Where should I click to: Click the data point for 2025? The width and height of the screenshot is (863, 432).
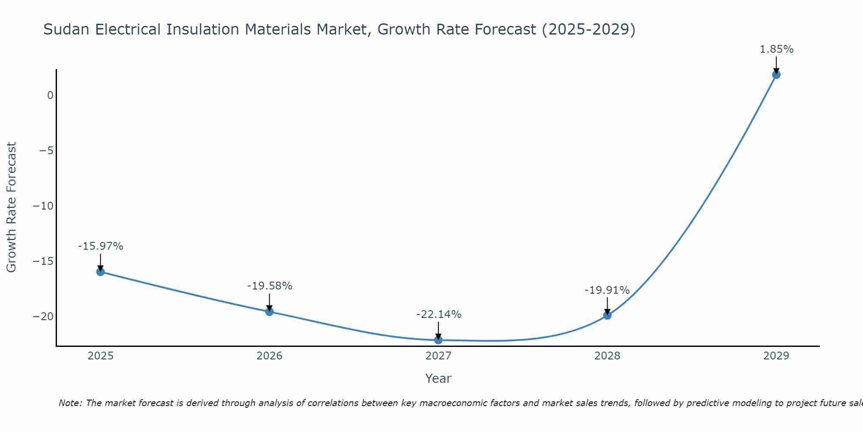pos(101,272)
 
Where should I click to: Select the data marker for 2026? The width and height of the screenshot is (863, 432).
pos(269,311)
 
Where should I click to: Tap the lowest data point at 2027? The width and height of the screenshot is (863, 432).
pos(438,340)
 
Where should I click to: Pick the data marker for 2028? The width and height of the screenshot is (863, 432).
pos(607,315)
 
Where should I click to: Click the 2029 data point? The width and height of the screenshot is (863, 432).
pos(776,75)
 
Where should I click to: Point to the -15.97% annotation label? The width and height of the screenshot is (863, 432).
pos(101,246)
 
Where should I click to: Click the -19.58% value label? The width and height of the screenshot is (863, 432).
pos(270,286)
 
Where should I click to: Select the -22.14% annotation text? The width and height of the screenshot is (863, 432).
pos(439,314)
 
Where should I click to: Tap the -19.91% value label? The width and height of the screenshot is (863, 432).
pos(607,290)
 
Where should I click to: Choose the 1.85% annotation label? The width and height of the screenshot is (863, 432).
pos(777,49)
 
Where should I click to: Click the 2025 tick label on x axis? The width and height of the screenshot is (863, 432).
pos(101,356)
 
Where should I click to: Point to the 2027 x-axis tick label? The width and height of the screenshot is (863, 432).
pos(438,356)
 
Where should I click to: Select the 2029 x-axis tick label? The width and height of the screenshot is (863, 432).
pos(776,356)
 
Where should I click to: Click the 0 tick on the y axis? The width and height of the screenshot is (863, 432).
pos(50,95)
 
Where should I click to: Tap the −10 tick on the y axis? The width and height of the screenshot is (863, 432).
pos(43,206)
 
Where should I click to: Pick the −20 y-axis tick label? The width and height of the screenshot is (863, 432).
pos(43,317)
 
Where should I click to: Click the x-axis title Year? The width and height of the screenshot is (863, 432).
pos(438,378)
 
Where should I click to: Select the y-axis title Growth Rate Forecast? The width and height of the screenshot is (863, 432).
pos(11,207)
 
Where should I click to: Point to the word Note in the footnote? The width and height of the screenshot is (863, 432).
pos(69,403)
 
